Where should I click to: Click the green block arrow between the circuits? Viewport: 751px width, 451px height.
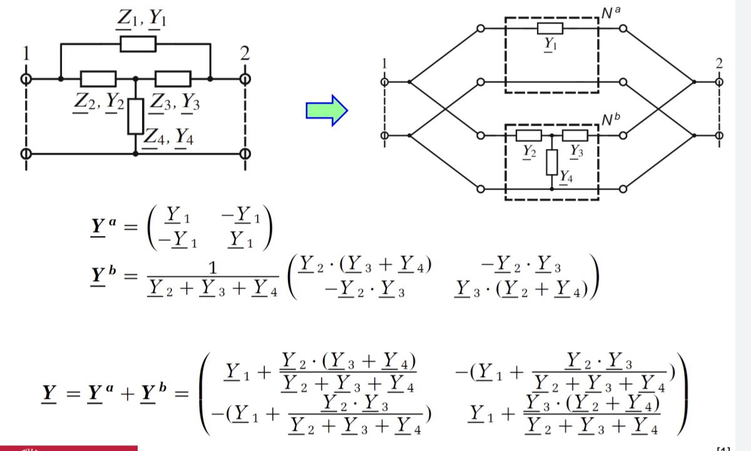[x=327, y=110]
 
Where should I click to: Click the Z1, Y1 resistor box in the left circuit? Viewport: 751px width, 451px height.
[x=138, y=44]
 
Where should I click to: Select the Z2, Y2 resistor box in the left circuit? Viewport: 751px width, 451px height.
[x=98, y=79]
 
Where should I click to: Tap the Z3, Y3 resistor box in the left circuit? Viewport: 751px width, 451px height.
[x=173, y=79]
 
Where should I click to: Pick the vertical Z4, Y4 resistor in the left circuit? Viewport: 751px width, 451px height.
[x=136, y=117]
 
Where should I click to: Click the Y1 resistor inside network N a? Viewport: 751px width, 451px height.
[x=550, y=29]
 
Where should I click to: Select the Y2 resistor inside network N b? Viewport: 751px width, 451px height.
[x=529, y=135]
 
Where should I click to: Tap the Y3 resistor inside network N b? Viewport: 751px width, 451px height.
[x=575, y=135]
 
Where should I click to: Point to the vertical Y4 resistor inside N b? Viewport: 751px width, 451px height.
[x=552, y=162]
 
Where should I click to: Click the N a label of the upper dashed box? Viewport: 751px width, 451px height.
[x=611, y=13]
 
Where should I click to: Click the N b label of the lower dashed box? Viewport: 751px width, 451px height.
[x=611, y=119]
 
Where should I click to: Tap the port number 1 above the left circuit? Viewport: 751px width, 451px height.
[x=26, y=53]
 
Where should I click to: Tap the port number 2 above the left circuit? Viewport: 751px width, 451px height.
[x=245, y=53]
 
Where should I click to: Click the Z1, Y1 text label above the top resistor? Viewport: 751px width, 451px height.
[x=141, y=18]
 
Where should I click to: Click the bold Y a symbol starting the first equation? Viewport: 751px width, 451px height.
[x=103, y=227]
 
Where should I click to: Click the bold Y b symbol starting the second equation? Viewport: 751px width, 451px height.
[x=103, y=276]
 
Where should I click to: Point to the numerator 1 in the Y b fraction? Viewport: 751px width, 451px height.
[x=213, y=268]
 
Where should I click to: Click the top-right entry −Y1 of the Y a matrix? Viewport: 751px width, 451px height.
[x=241, y=215]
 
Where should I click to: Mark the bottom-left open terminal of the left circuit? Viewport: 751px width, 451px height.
[x=26, y=154]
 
